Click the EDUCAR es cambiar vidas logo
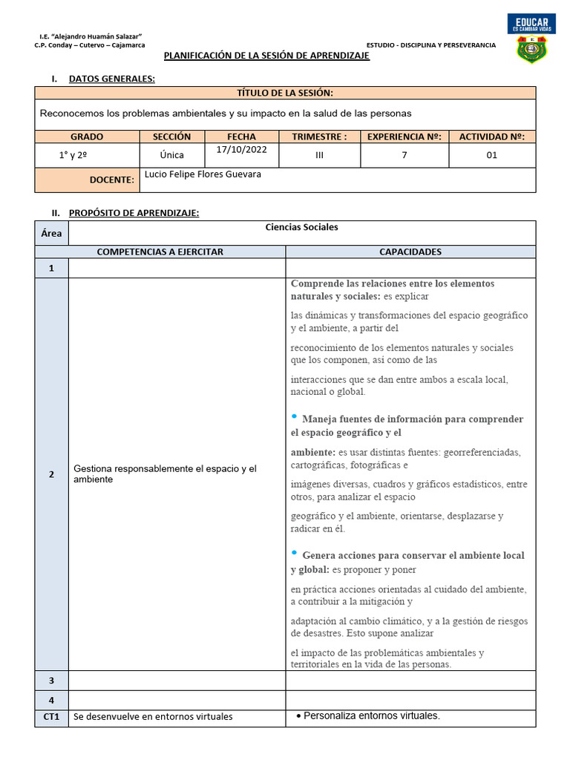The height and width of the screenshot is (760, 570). pos(531,23)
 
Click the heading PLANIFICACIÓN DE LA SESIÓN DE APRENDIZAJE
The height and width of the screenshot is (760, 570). pos(266,56)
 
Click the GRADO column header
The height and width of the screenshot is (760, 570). pos(87,137)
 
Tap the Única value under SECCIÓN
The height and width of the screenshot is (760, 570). pos(171,155)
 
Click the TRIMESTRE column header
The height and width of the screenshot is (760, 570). pos(319,137)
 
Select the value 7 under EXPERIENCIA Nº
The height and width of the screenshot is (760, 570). pos(404,155)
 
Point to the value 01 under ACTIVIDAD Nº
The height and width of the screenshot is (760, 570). pos(492,155)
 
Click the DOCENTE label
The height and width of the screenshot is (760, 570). pos(111,180)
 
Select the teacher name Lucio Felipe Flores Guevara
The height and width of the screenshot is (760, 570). pos(203,174)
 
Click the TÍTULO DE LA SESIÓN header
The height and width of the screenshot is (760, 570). pos(284,93)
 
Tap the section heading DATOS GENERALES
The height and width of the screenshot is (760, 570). pos(112,79)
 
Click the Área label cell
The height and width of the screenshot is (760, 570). pos(51,233)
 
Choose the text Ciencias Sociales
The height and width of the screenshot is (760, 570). pos(301,227)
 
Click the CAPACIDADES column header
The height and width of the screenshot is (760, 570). pos(410,252)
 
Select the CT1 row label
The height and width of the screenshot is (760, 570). pos(51,716)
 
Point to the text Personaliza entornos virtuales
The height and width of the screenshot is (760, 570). pos(371,716)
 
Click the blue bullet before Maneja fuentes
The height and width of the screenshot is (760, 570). pos(295,416)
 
